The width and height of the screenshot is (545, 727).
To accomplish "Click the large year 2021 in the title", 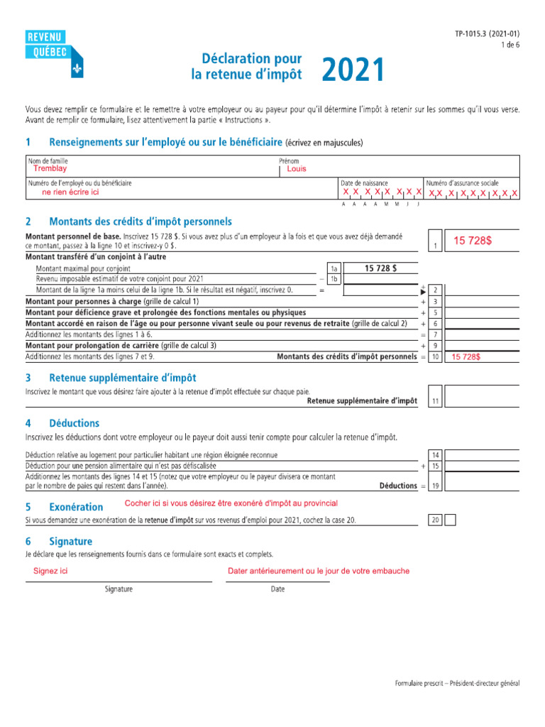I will tap(353, 70).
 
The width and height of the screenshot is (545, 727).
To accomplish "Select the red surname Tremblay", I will tap(50, 169).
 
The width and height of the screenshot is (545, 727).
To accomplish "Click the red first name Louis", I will tap(297, 169).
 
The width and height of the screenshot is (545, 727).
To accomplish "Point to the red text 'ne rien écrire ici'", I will tap(70, 192).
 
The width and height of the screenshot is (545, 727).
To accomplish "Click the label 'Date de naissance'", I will tap(364, 183).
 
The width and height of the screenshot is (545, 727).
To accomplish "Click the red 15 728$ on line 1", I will tap(473, 241).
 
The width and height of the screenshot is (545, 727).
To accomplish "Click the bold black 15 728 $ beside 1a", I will tap(380, 268).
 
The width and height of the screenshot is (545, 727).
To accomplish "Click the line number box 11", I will tap(436, 401).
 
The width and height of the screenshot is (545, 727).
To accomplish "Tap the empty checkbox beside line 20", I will tap(450, 520).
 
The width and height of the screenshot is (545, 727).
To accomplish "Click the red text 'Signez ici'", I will tap(50, 572).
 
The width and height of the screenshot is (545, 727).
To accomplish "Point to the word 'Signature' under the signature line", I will tap(119, 589).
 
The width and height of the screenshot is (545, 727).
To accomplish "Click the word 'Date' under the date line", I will tap(277, 589).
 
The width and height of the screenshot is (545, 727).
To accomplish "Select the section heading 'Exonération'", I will tap(76, 507).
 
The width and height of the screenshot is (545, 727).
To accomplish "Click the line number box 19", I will tap(436, 486).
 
